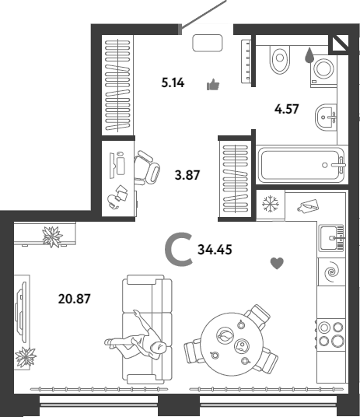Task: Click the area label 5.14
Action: [173, 83]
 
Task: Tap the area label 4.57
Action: [287, 109]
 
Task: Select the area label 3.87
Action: [187, 175]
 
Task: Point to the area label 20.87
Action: [75, 299]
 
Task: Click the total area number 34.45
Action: [215, 250]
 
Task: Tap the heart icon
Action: [277, 264]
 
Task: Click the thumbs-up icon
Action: [213, 85]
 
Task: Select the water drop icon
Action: [309, 55]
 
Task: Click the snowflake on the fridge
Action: [271, 205]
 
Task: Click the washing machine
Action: [323, 72]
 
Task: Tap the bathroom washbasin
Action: [326, 117]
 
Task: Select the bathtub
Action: [302, 166]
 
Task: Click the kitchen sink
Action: [331, 238]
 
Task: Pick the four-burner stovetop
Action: [331, 334]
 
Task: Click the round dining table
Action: [232, 344]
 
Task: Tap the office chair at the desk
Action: [146, 167]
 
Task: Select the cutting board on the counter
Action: [308, 206]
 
